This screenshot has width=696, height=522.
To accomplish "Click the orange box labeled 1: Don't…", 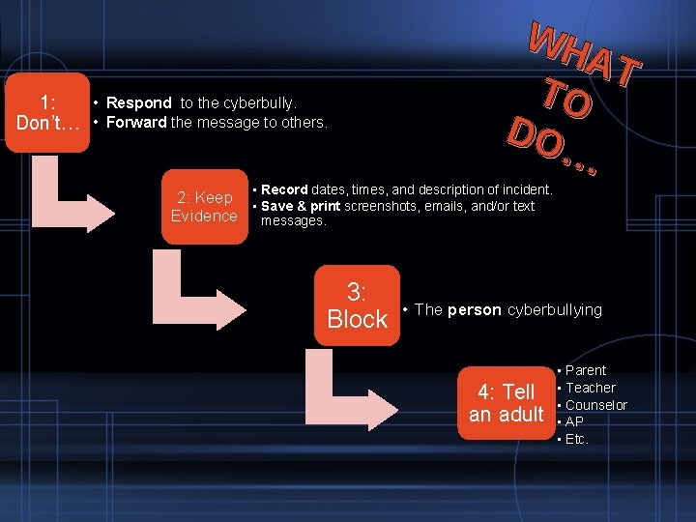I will click(x=46, y=112).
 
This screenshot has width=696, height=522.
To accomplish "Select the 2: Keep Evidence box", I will click(x=204, y=207).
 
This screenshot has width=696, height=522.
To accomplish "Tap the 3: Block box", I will click(x=357, y=305).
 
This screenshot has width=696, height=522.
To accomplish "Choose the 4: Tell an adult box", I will click(x=506, y=403).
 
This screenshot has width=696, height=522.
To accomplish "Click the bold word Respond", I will click(x=139, y=102).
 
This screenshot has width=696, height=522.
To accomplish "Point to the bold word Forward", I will click(x=136, y=123).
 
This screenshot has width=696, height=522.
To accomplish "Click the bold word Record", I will click(x=284, y=190).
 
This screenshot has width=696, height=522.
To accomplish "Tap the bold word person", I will click(x=474, y=310).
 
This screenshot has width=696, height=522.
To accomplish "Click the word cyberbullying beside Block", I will click(x=555, y=310).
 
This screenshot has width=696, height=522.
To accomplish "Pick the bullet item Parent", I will click(x=586, y=370).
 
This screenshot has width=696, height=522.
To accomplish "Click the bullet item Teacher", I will click(x=590, y=388).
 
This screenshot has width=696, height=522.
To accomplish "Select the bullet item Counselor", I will click(x=595, y=405).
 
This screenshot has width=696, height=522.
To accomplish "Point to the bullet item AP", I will click(x=574, y=422).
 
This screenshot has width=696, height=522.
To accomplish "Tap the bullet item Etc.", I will click(x=577, y=440).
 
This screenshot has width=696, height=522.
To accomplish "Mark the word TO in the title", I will click(x=565, y=98).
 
